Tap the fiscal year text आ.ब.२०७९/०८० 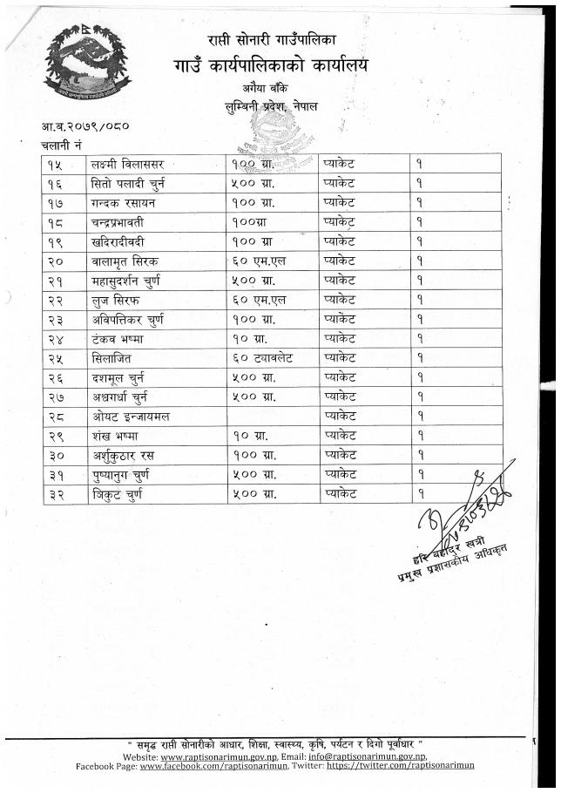[85, 125]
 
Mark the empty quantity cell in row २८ [272, 416]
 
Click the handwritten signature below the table [461, 511]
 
